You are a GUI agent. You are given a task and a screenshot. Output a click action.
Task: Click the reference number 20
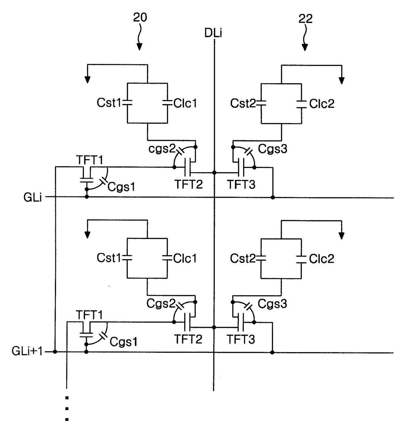coord(140,17)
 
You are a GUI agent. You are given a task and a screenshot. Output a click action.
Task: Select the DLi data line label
coord(213,33)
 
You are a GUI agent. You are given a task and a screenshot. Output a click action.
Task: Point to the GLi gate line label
coord(32,198)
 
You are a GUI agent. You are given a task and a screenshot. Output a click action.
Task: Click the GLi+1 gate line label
coord(27,351)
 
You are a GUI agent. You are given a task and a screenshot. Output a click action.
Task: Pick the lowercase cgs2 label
coord(162,149)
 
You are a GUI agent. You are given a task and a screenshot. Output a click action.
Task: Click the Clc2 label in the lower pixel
coord(321,259)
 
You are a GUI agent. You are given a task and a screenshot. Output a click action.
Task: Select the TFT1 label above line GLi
coord(89,160)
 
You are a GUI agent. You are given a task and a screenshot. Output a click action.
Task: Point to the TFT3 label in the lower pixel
coord(241,339)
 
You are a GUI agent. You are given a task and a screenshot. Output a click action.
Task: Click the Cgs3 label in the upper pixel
coord(272,149)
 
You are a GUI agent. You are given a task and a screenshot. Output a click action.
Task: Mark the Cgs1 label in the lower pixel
coord(123,341)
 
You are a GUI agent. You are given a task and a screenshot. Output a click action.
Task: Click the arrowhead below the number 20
coord(139,47)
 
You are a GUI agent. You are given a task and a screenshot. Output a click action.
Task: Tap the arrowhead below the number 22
coord(305,47)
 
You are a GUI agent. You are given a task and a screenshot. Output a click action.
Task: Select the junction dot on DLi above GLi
coord(214,173)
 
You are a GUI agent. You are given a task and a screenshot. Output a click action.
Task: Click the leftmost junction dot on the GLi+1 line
coord(55,351)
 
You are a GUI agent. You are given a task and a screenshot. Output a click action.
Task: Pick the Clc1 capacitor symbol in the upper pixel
coord(167,103)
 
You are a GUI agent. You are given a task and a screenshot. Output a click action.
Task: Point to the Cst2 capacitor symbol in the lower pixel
coord(261,258)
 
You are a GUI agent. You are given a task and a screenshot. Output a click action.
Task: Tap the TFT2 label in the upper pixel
coord(188,184)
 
